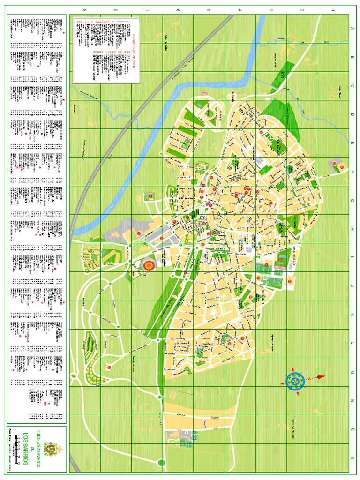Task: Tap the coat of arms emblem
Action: pyautogui.click(x=48, y=449)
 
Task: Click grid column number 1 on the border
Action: pyautogui.click(x=333, y=10)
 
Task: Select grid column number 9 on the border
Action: pyautogui.click(x=85, y=10)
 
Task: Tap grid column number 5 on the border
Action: pyautogui.click(x=209, y=10)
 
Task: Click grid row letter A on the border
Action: pyautogui.click(x=353, y=29)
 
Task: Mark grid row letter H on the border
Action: pyautogui.click(x=353, y=229)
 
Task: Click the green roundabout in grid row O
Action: pyautogui.click(x=162, y=463)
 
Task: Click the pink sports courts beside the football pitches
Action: pyautogui.click(x=278, y=272)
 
